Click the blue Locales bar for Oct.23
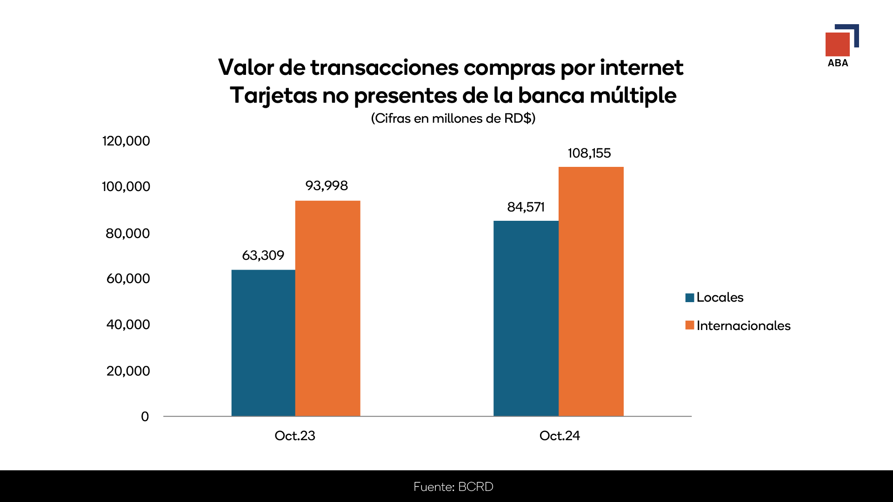coord(263,343)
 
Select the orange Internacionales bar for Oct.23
coord(327,308)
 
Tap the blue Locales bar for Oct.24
coord(526,318)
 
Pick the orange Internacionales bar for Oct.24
coord(591,291)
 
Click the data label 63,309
coord(263,255)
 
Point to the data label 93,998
coord(327,185)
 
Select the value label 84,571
coord(526,207)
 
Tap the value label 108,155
coord(589,153)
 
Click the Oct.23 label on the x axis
coord(295,436)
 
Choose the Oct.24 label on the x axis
coord(560,436)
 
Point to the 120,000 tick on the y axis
coord(126,141)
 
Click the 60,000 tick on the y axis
coord(128,278)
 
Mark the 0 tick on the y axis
coord(145,416)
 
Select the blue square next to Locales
coord(690,297)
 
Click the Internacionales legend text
coord(743,325)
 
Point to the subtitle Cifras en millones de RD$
coord(453,118)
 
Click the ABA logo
coord(841,46)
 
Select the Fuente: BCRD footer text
coord(453,487)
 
